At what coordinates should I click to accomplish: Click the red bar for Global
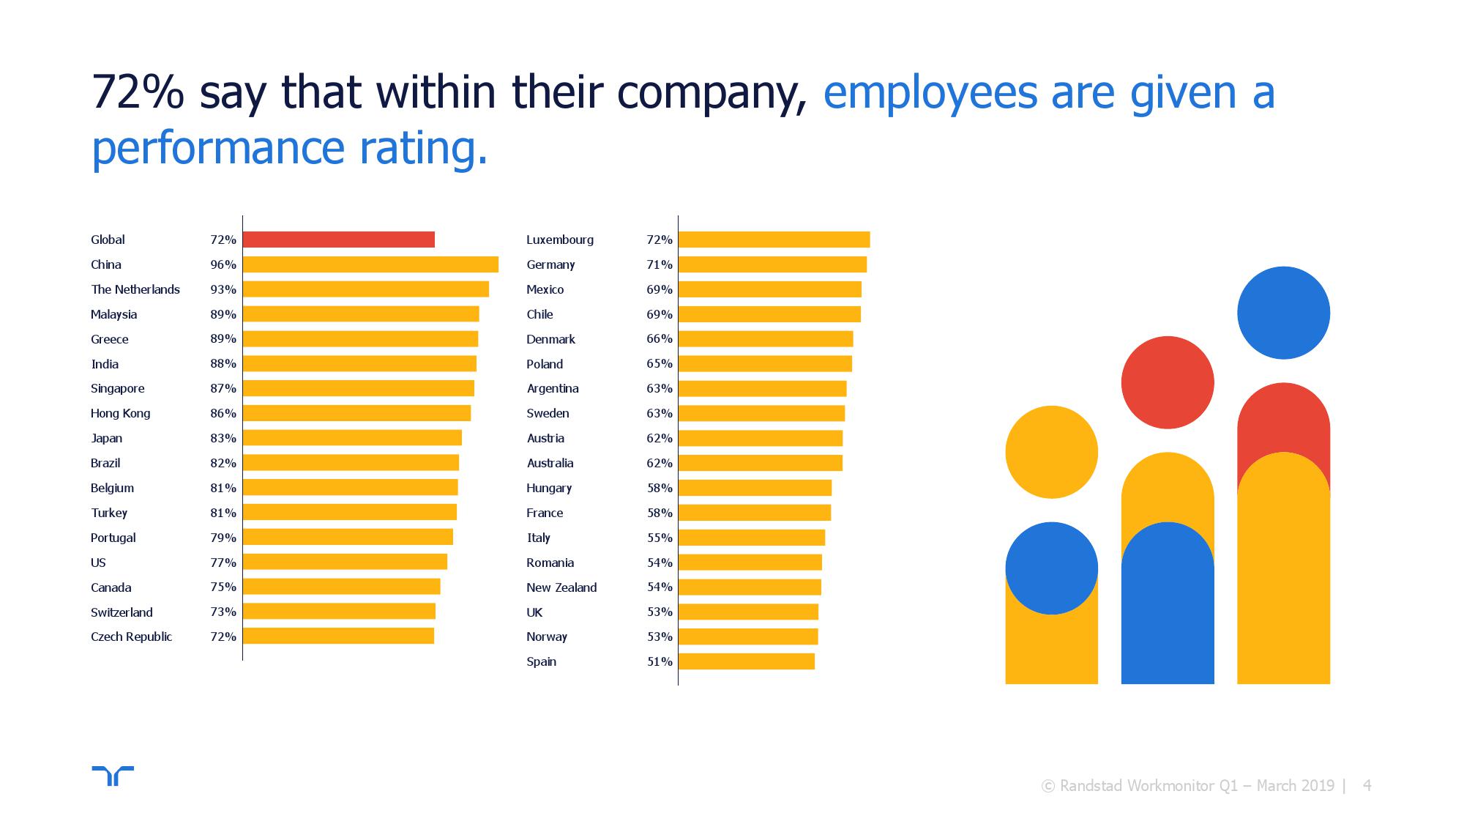coord(338,240)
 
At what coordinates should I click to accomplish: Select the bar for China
coord(370,264)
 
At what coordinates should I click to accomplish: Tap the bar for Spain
coord(747,661)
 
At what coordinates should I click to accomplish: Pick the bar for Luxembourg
coord(774,240)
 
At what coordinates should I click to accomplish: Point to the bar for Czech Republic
coord(338,636)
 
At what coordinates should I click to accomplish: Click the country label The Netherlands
coord(135,289)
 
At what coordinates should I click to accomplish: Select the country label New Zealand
coord(561,587)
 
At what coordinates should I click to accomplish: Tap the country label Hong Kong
coord(121,413)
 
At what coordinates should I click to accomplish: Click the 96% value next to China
coord(223,264)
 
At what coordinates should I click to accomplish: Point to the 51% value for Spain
coord(660,661)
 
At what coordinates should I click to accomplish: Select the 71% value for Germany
coord(660,264)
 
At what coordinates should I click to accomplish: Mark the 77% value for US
coord(223,563)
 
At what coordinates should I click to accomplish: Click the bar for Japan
coord(352,438)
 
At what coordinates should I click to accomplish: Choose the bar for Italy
coord(752,538)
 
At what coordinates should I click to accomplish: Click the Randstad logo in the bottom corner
coord(113,775)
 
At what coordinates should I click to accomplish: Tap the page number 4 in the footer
coord(1367,786)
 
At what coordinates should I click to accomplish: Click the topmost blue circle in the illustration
coord(1283,313)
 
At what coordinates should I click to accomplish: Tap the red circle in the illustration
coord(1168,382)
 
